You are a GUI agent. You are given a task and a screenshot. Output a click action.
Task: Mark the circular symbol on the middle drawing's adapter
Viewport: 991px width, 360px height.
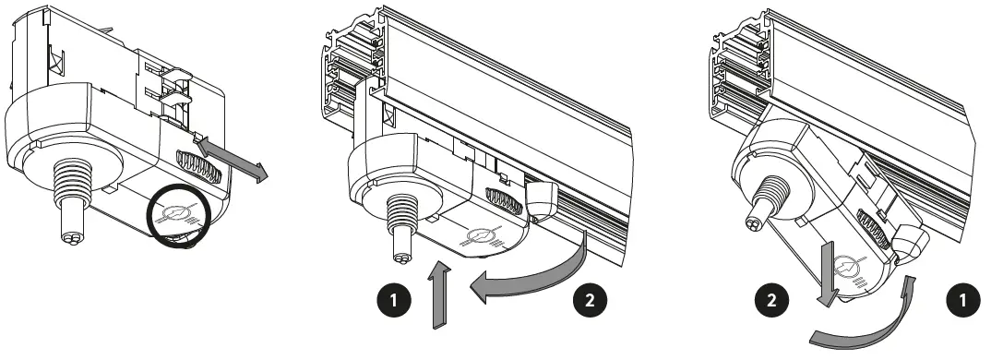479,238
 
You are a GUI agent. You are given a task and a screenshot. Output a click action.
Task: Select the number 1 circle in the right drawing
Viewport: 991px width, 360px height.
964,301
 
